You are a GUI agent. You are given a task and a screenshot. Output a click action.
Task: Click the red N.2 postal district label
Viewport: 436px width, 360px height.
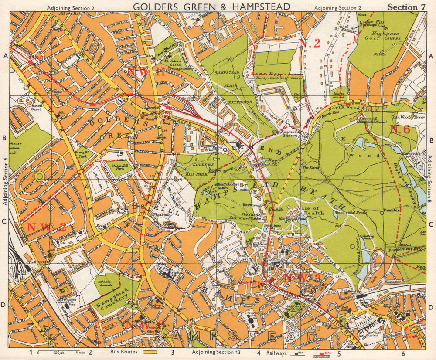point(310,43)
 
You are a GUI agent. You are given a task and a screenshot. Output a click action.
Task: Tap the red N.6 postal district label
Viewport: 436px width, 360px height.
point(399,129)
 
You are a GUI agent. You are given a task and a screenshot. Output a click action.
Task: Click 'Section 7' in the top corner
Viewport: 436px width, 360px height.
point(406,7)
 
